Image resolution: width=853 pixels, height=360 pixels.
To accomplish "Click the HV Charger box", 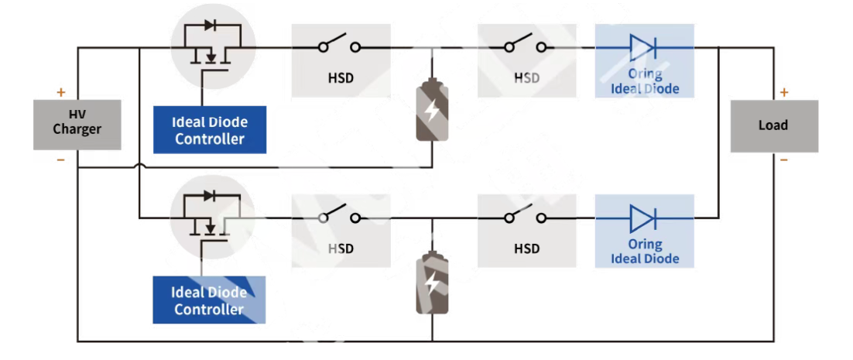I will (x=77, y=124).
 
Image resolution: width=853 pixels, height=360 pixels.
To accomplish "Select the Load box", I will (x=773, y=125).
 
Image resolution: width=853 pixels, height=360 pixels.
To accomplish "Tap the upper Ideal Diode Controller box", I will (x=210, y=130).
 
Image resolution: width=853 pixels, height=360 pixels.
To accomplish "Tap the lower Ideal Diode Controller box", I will (x=209, y=300).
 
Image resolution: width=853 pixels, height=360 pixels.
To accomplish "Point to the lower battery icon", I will (x=432, y=283).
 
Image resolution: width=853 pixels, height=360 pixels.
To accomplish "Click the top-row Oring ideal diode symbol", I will (x=643, y=47).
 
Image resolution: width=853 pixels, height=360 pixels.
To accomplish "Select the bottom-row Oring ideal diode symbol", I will (x=643, y=218).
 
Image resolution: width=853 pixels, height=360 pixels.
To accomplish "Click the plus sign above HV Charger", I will (x=61, y=92).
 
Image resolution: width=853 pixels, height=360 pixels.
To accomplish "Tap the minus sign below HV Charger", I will (x=61, y=160).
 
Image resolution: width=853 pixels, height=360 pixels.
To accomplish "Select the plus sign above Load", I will (x=784, y=93).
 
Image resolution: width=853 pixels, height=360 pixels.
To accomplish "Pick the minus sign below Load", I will (x=784, y=160).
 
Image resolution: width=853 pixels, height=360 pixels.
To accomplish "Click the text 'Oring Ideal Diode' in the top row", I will (x=645, y=81).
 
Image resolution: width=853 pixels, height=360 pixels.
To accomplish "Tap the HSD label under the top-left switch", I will (x=341, y=78).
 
